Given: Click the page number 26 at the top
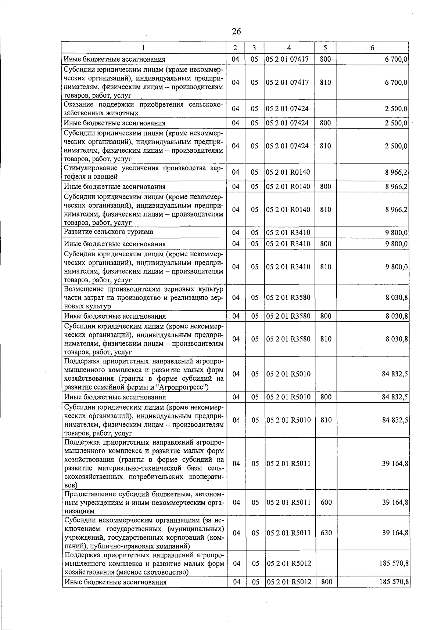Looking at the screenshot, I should pyautogui.click(x=236, y=32).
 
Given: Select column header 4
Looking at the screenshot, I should pyautogui.click(x=289, y=48).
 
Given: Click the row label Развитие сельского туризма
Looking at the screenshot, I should pyautogui.click(x=108, y=232).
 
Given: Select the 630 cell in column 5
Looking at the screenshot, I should pyautogui.click(x=326, y=533).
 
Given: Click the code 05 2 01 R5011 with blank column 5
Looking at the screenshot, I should pyautogui.click(x=289, y=464).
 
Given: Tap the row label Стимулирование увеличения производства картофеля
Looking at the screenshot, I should pyautogui.click(x=143, y=172).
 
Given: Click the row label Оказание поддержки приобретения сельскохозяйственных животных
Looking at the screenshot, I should pyautogui.click(x=143, y=108).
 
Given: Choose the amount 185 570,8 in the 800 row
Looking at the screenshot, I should pyautogui.click(x=394, y=582).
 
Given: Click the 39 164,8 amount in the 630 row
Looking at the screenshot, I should pyautogui.click(x=395, y=533).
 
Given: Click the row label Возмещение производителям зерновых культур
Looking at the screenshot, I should pyautogui.click(x=143, y=297).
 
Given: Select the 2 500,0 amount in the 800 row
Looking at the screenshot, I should pyautogui.click(x=396, y=123).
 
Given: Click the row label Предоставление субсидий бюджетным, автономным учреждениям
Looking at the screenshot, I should pyautogui.click(x=143, y=502).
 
